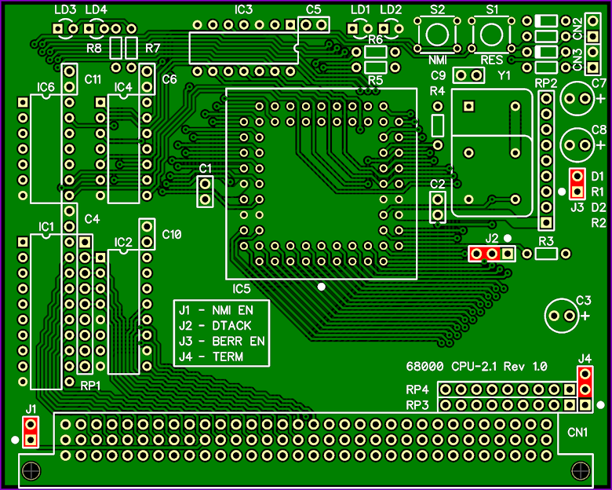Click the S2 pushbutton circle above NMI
(x=428, y=34)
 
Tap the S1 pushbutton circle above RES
(x=482, y=34)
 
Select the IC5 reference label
(x=241, y=289)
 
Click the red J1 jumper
(x=31, y=432)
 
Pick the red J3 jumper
(x=577, y=184)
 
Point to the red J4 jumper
(x=585, y=382)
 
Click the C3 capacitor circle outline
(x=545, y=316)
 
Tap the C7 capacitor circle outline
(x=561, y=98)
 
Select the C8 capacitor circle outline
(x=561, y=145)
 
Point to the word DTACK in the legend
(x=231, y=326)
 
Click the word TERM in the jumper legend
(x=228, y=357)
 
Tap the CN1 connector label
(x=577, y=432)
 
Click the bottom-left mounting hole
(x=31, y=470)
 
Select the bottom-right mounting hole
(x=581, y=470)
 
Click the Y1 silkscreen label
(x=504, y=75)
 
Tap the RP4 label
(x=417, y=389)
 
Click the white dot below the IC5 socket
(x=321, y=287)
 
